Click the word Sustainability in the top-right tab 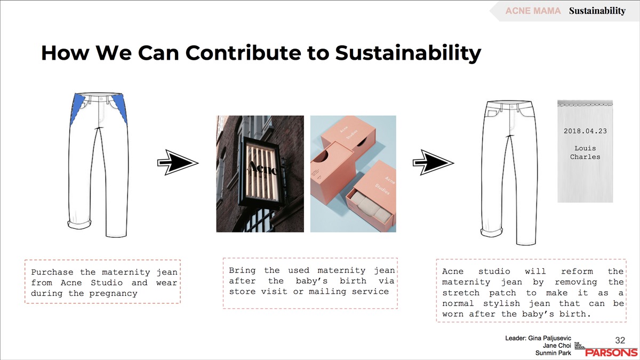[597, 11]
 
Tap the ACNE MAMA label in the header [533, 11]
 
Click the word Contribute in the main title [243, 53]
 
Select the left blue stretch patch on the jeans [77, 109]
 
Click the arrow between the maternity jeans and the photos [178, 162]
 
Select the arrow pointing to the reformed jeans [433, 162]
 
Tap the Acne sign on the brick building [261, 169]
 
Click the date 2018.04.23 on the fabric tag [585, 131]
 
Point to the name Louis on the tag [585, 148]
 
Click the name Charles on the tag [585, 157]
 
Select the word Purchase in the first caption [52, 272]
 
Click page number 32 [620, 340]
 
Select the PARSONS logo [611, 353]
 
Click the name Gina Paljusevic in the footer [549, 339]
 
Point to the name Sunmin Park [553, 353]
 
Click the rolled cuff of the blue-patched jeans [79, 224]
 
